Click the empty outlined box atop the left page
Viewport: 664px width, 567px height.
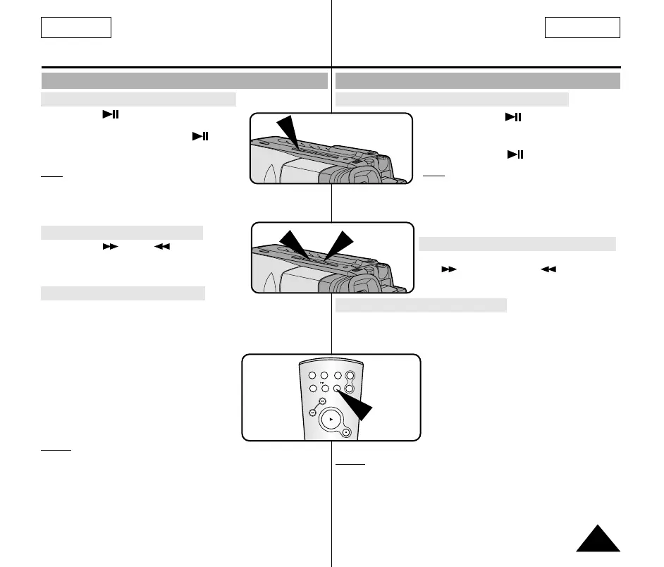(76, 28)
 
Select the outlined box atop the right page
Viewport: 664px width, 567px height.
(582, 28)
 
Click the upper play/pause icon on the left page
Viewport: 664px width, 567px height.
(109, 114)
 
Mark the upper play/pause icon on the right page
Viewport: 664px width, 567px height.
(512, 116)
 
